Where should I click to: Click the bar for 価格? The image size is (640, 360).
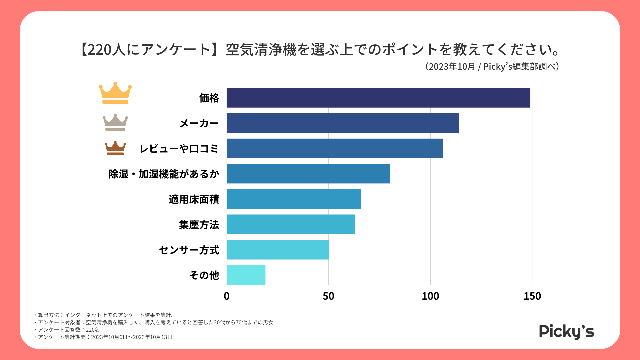(x=378, y=98)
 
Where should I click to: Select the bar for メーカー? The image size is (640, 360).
(x=343, y=123)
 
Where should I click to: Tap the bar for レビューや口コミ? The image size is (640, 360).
(x=335, y=148)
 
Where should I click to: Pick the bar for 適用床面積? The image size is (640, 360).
(x=294, y=199)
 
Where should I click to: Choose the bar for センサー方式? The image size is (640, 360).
(x=277, y=250)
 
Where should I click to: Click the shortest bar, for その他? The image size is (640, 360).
(x=246, y=275)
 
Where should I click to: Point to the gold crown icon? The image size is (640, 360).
(x=115, y=93)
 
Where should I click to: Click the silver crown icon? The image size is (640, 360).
(x=115, y=122)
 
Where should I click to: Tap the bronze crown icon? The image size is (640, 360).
(x=115, y=148)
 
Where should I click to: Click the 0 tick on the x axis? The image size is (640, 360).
(x=227, y=296)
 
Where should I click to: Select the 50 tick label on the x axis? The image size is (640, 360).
(x=328, y=296)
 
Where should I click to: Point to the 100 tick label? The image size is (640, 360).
(x=430, y=296)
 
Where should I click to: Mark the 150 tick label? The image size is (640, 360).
(x=532, y=296)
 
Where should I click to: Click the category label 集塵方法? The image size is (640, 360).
(x=199, y=225)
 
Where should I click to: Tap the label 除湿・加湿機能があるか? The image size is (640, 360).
(x=164, y=174)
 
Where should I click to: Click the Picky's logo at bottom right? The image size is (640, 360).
(x=567, y=332)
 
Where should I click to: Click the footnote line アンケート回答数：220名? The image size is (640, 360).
(x=68, y=330)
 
